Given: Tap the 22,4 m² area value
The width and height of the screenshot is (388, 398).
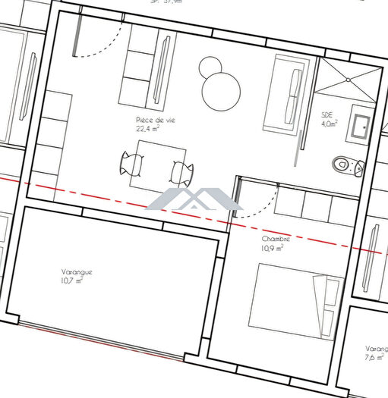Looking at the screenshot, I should pos(147,129).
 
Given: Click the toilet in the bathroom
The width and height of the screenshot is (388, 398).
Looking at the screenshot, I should pos(345,163).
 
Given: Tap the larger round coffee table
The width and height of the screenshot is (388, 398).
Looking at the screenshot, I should pos(221,92).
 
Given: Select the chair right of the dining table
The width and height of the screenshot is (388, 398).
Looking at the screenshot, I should pos(180,172).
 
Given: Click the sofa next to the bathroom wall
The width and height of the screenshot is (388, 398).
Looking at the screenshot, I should pos(285,97).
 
